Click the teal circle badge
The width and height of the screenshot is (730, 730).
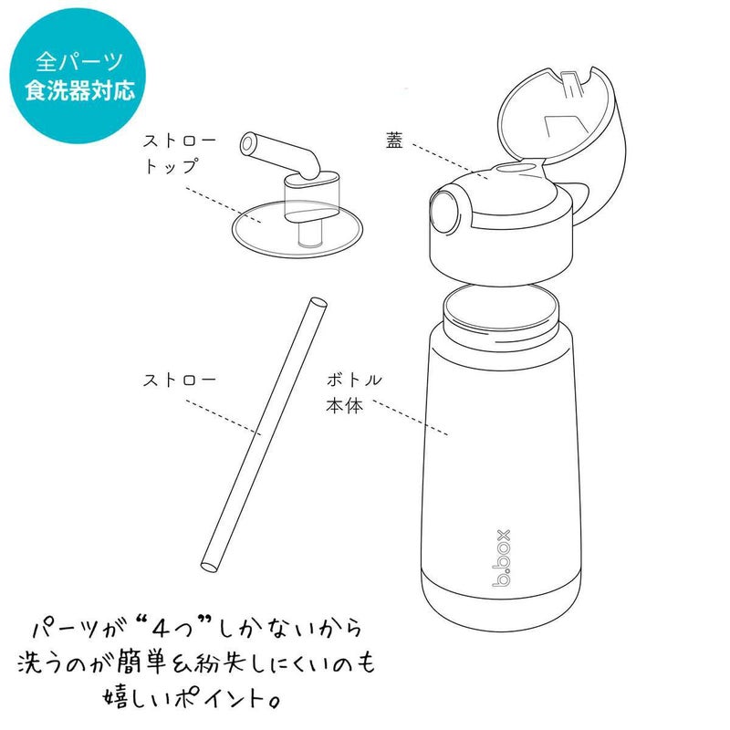(78, 76)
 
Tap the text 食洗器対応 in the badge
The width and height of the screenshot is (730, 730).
(79, 89)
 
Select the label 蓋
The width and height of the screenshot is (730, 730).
(394, 140)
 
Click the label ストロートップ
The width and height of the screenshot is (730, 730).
(179, 153)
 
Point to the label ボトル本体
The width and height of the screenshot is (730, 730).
(354, 392)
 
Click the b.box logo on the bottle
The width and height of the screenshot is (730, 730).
(503, 558)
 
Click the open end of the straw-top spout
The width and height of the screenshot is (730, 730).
(247, 143)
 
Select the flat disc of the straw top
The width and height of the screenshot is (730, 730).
(297, 230)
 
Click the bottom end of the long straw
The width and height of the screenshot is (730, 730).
(209, 567)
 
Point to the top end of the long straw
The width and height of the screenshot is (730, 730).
(318, 303)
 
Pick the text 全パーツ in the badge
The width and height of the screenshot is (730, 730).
(79, 61)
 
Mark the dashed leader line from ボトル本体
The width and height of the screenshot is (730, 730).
(411, 417)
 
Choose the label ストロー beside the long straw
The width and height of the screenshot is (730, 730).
(179, 380)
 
